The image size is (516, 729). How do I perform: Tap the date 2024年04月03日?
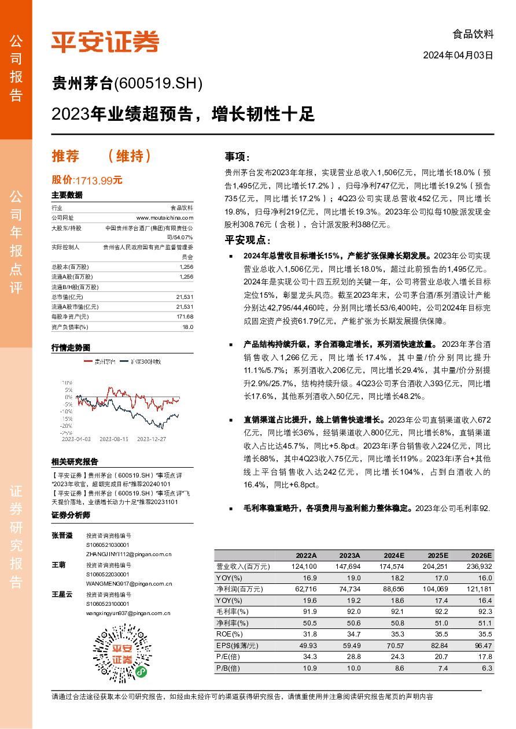coord(458,55)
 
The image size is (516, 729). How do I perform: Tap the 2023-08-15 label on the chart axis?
coord(113,439)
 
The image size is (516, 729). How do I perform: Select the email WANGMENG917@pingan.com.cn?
coord(128,584)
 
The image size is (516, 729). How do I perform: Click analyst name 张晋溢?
coord(62,535)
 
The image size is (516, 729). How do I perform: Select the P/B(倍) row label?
coord(228,668)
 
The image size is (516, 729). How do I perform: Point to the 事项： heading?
coord(237,157)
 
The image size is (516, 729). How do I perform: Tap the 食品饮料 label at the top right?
coord(473,34)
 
